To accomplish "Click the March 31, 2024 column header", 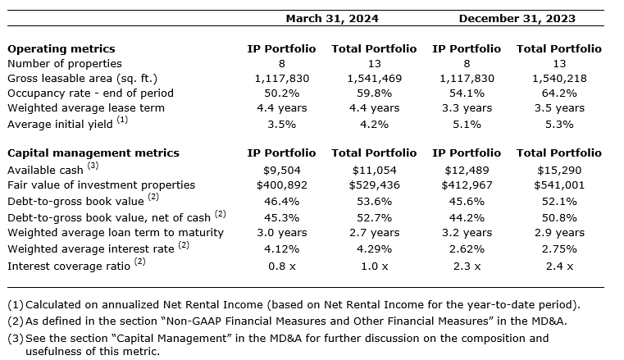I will coord(326,18).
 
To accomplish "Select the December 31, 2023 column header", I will coord(517,18).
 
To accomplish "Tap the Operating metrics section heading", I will coord(61,49).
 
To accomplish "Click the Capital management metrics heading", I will coord(93,153).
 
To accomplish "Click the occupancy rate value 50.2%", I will coord(281,93).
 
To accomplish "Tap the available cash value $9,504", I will coord(281,169).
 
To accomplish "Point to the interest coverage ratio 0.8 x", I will coord(281,266).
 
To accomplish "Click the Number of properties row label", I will coord(65,63).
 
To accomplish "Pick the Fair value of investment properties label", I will coord(102,185).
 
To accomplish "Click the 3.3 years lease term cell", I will coord(467,108).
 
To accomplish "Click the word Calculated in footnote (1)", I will coord(52,305).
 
